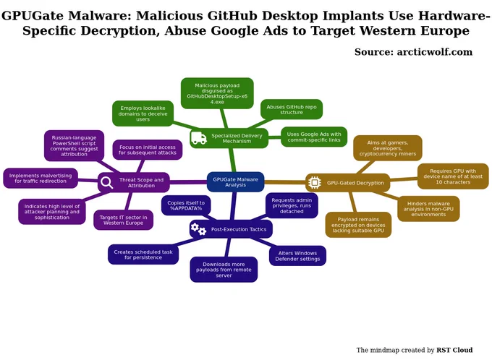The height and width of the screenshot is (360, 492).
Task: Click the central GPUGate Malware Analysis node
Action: click(x=235, y=182)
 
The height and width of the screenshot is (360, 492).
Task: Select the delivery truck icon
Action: click(x=199, y=138)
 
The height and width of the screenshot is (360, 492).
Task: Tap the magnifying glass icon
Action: click(x=106, y=182)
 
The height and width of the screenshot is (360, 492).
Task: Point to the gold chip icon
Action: click(x=315, y=182)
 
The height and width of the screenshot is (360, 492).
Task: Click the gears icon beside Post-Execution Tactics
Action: click(x=199, y=229)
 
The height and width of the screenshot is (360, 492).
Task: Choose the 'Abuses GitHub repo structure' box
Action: click(x=292, y=109)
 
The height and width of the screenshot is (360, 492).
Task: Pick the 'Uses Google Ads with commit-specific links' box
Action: click(x=314, y=137)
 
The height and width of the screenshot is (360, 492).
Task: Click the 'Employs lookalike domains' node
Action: click(x=143, y=113)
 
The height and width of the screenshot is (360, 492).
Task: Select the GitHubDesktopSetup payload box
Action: click(x=217, y=93)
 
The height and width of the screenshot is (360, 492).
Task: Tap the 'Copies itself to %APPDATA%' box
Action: click(x=186, y=205)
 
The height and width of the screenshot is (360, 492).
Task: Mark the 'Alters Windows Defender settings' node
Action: click(x=297, y=256)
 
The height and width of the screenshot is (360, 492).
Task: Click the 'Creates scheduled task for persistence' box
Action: click(x=143, y=254)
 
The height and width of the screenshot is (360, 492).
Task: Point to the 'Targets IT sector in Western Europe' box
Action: click(x=123, y=220)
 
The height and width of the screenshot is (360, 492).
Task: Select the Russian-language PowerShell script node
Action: click(x=74, y=146)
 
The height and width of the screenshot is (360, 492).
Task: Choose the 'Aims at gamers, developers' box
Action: click(x=388, y=148)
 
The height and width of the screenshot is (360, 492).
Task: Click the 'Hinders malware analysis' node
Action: click(x=428, y=209)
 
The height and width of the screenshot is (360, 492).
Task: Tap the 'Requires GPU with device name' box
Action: click(x=453, y=176)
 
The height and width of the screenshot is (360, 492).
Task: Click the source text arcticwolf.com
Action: click(x=435, y=52)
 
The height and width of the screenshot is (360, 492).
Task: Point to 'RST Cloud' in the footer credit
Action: click(x=454, y=350)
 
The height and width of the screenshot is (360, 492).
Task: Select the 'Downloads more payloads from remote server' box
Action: click(x=224, y=270)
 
